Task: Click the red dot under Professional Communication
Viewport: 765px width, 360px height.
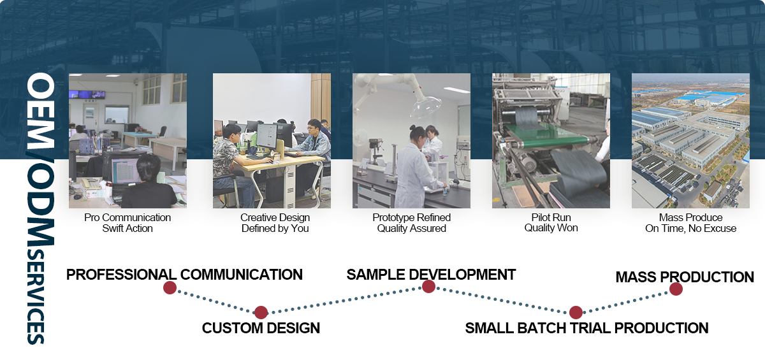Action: click(x=170, y=287)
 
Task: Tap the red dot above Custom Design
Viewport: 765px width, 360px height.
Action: click(x=261, y=312)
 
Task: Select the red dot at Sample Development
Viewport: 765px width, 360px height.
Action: click(x=428, y=286)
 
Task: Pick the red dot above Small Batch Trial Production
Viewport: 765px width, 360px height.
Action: click(x=576, y=312)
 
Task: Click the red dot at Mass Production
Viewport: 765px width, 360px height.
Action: click(x=676, y=289)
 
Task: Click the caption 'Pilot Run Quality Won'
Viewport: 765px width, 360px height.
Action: click(x=551, y=222)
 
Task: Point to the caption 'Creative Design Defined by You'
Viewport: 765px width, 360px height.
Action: click(x=275, y=223)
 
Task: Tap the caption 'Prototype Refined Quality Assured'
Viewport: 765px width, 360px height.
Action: click(x=412, y=223)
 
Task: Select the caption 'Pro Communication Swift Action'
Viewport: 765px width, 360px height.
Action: click(x=127, y=223)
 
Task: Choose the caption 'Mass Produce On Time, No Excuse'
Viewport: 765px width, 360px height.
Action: click(x=690, y=223)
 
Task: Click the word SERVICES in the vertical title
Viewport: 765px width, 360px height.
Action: click(x=36, y=297)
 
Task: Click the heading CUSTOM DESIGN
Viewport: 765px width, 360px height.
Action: click(x=261, y=328)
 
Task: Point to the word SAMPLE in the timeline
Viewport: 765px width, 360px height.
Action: click(x=375, y=275)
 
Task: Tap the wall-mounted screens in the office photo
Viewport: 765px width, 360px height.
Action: click(x=87, y=94)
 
